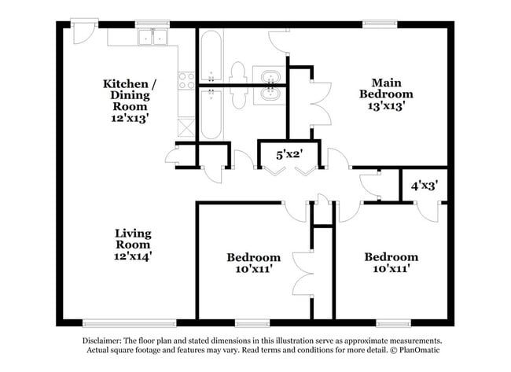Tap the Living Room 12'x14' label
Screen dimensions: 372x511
pos(133,244)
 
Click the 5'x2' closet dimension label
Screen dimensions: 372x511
pos(289,155)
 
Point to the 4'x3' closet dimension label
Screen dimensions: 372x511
pos(425,186)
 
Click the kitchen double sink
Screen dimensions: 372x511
pos(153,36)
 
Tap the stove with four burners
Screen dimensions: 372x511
pos(187,80)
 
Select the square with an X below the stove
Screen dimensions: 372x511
pos(186,127)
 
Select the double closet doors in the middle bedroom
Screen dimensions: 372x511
pos(301,271)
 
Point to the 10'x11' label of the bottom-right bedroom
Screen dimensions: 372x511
pos(391,268)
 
